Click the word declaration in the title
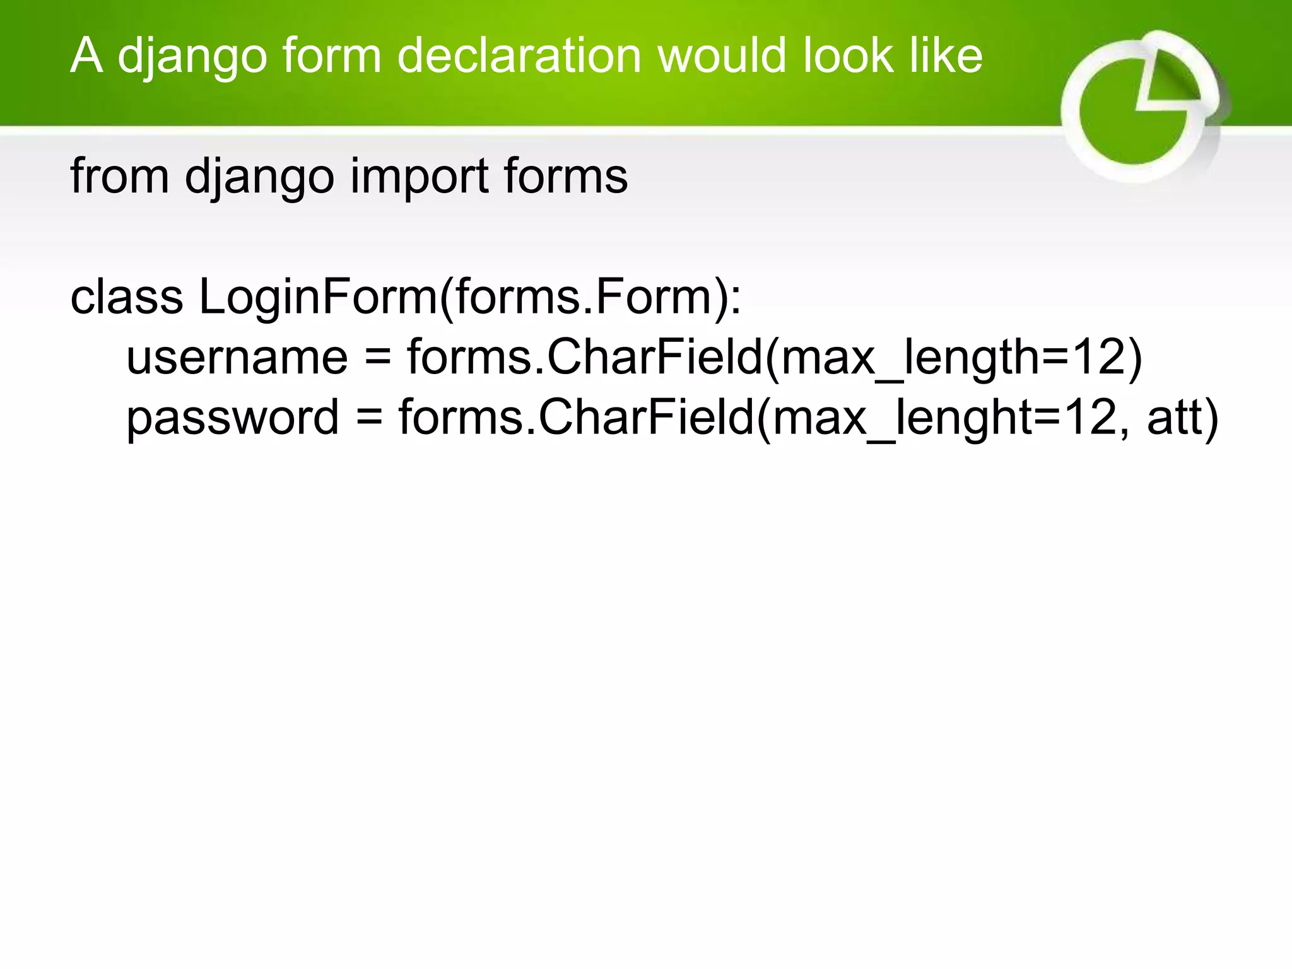[x=519, y=56]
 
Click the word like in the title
[x=946, y=56]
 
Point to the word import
[x=419, y=177]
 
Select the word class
[x=127, y=297]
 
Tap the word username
[x=237, y=357]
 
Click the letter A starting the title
[x=86, y=56]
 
